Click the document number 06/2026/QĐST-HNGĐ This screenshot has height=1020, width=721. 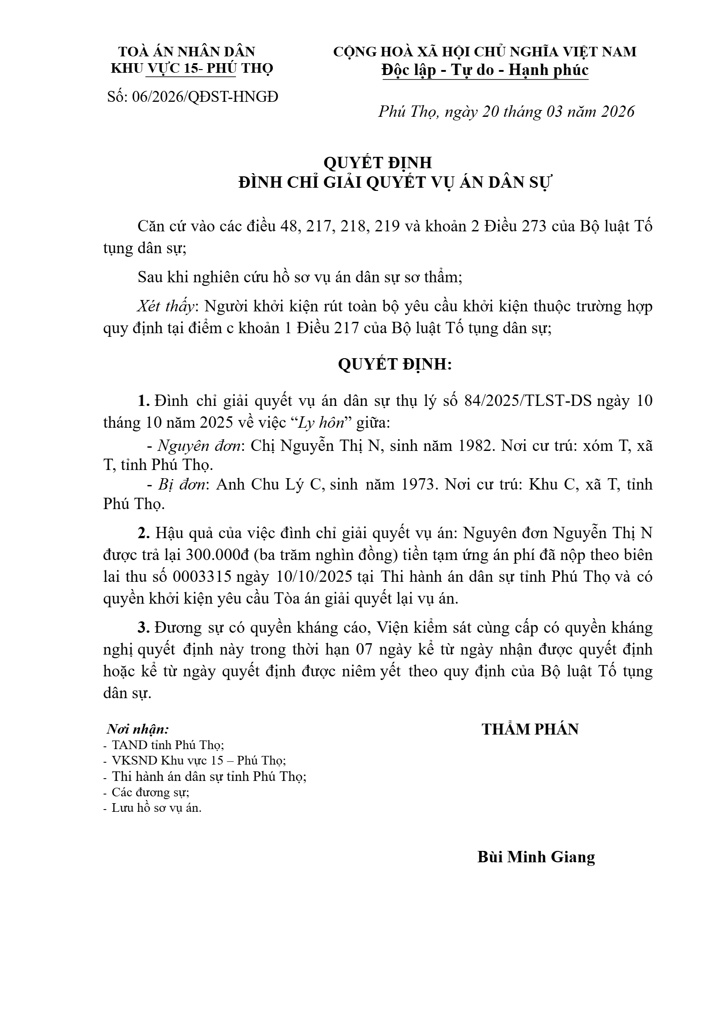tap(205, 96)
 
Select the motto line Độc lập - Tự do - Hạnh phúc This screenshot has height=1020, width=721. tap(485, 70)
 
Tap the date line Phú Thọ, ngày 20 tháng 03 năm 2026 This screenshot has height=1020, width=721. tap(506, 111)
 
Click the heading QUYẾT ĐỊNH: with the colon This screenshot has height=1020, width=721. tap(395, 365)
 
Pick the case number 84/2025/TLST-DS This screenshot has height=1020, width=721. tap(528, 401)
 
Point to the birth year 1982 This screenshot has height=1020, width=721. tap(473, 446)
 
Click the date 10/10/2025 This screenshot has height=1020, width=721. tap(314, 577)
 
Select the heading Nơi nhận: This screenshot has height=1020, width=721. tap(138, 730)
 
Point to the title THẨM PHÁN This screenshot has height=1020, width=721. tap(530, 730)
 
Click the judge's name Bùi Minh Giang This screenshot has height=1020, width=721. tap(536, 857)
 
